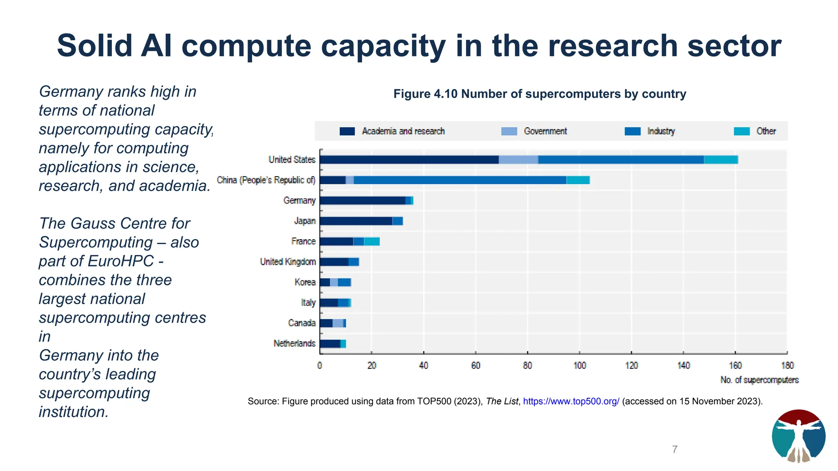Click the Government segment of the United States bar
(x=518, y=160)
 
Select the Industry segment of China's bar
(x=460, y=180)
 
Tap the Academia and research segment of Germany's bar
(x=362, y=201)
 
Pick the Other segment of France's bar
(x=372, y=242)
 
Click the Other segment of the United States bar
(x=721, y=160)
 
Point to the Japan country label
(x=305, y=221)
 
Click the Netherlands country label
(x=294, y=343)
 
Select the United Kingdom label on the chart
(x=288, y=262)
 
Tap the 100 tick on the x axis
(x=579, y=366)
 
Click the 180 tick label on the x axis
(x=787, y=366)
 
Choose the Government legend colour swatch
(x=509, y=131)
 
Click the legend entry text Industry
(x=661, y=131)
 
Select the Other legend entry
(x=766, y=131)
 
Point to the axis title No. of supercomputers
(x=759, y=380)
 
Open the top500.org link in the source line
(x=571, y=401)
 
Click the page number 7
(x=675, y=449)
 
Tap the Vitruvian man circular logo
(x=798, y=436)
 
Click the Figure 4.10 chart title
(x=539, y=94)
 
